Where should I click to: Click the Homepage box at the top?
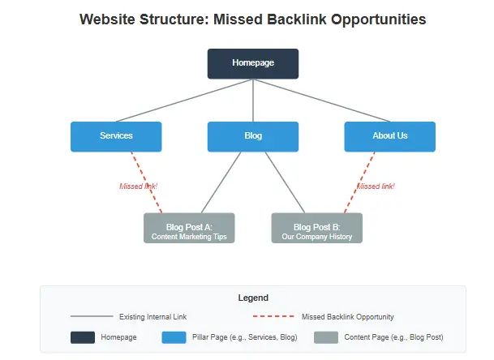pos(252,63)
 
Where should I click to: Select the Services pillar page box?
pos(116,136)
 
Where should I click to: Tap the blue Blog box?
pos(252,136)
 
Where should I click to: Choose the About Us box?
pos(389,136)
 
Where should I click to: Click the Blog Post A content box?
pos(189,228)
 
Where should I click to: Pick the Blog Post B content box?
pos(316,228)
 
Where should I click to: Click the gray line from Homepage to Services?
pos(185,100)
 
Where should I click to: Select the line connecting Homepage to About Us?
pos(321,100)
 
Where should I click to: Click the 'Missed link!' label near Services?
pos(138,186)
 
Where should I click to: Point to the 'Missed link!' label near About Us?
pos(376,186)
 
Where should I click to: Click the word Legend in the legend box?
pos(252,298)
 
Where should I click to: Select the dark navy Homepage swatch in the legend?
pos(83,337)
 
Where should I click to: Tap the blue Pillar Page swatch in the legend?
pos(174,337)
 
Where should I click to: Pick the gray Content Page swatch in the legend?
pos(325,337)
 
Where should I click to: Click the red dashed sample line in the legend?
pos(273,317)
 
